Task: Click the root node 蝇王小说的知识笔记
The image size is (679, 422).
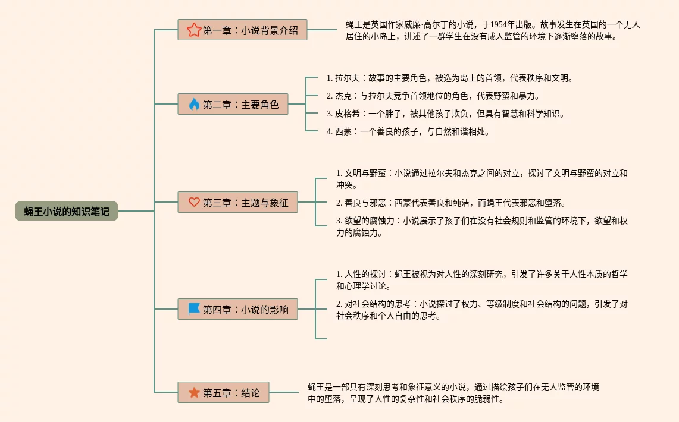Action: (x=67, y=211)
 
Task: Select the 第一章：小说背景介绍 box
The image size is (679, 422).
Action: (x=242, y=30)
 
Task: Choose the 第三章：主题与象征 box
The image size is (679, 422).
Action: (x=237, y=202)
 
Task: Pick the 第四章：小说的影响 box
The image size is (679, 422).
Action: (x=237, y=309)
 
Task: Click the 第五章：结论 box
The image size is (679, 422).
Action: (x=223, y=392)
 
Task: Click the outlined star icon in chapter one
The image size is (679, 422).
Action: (x=194, y=30)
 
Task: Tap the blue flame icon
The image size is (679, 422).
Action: (x=194, y=104)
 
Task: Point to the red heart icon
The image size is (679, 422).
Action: (x=194, y=202)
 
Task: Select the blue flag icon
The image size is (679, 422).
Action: (x=194, y=309)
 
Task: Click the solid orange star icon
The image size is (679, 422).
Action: (x=194, y=392)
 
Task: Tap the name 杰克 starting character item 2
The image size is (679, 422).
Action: (x=343, y=96)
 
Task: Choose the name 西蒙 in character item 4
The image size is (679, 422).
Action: (x=343, y=131)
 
